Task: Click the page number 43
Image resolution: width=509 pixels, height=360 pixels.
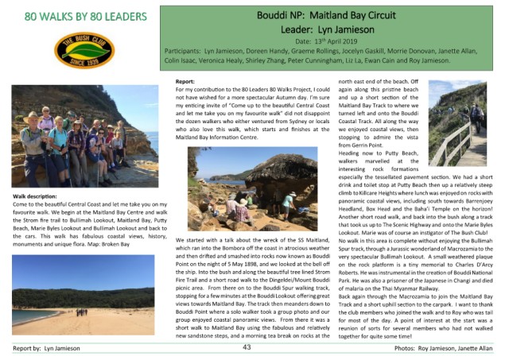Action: (247, 348)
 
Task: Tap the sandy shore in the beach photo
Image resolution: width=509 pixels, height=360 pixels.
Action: (80, 322)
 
